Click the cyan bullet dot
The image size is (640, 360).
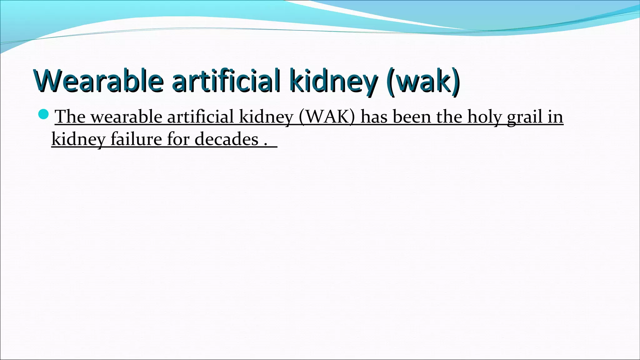(x=43, y=114)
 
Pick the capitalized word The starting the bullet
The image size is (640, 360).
(x=70, y=117)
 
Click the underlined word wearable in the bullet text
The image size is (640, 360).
(x=126, y=117)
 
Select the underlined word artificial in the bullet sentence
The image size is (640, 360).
(x=200, y=117)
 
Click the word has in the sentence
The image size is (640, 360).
(x=374, y=117)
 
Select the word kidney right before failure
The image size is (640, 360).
(x=78, y=139)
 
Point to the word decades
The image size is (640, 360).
(x=227, y=139)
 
